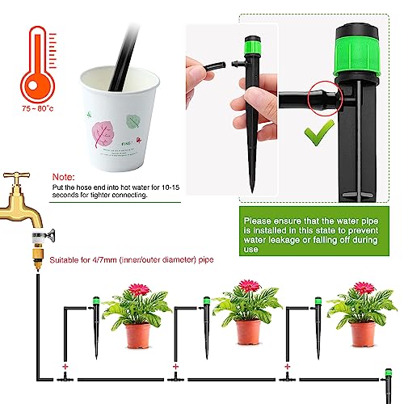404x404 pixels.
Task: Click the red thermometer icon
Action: click(x=38, y=65)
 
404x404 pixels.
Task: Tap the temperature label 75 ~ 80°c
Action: click(x=38, y=108)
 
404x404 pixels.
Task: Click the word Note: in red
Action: click(x=64, y=177)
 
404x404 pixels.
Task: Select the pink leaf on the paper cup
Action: click(x=102, y=134)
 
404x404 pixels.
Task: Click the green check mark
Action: click(x=319, y=133)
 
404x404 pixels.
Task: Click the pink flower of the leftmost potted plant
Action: click(x=139, y=289)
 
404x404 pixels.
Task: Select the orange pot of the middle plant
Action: click(x=248, y=332)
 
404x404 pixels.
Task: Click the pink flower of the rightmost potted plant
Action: click(x=364, y=288)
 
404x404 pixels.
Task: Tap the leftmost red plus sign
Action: click(x=65, y=367)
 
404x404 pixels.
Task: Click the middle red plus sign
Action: click(x=175, y=367)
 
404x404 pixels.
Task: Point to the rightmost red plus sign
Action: click(x=288, y=367)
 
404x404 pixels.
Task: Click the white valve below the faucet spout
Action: click(x=38, y=236)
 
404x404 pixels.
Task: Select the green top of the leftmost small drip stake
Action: click(x=95, y=300)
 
